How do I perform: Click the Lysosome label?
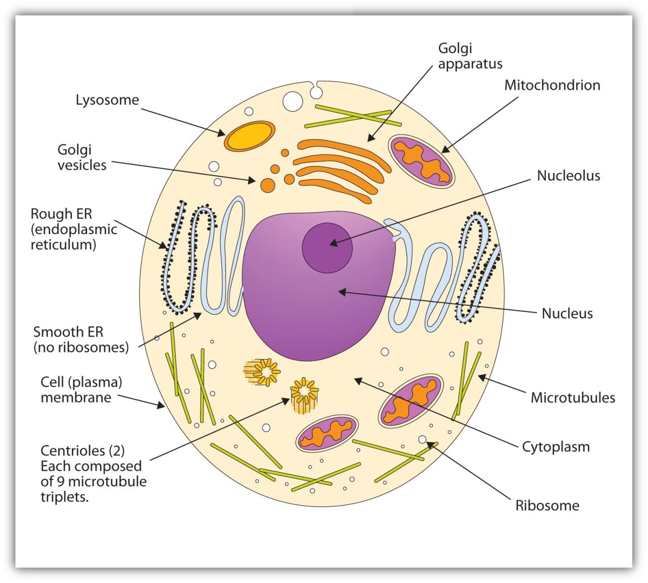point(107,100)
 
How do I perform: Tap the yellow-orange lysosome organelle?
point(250,136)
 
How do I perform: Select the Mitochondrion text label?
point(552,85)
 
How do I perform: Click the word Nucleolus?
point(568,176)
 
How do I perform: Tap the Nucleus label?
point(567,313)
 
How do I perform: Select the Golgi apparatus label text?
point(470,56)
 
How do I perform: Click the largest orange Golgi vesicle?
point(268,185)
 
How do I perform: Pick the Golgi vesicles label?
point(82,157)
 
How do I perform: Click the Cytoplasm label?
point(555,447)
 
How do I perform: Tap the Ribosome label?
point(547,506)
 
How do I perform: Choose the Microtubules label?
point(573,397)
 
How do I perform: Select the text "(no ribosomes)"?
point(81,347)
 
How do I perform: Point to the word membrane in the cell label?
point(76,397)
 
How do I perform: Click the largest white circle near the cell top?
point(293,101)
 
